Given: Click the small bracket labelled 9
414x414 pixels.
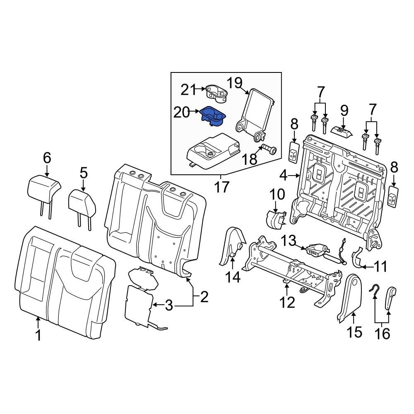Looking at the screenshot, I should (x=342, y=131).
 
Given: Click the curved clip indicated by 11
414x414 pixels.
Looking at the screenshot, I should (x=357, y=258).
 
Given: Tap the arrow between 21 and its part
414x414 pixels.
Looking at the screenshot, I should (x=200, y=89).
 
